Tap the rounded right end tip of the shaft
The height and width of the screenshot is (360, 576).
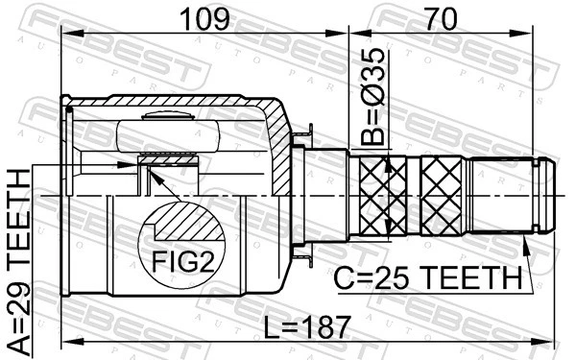547,196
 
